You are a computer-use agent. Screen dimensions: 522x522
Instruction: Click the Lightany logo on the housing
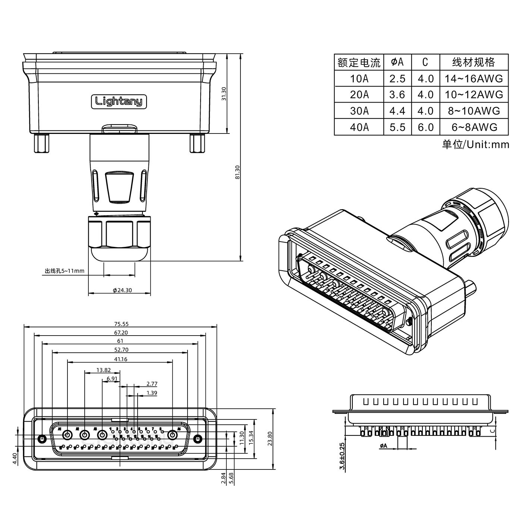119,101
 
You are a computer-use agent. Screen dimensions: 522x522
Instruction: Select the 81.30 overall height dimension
238,172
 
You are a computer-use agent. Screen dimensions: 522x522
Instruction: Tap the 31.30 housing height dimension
224,94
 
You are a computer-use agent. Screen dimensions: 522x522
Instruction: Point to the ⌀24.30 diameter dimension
122,290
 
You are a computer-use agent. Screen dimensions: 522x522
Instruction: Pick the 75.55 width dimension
121,324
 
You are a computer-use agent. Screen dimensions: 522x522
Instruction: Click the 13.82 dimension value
103,370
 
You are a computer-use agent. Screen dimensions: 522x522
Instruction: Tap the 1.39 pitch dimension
152,393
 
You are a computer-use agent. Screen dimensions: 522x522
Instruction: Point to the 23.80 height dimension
270,438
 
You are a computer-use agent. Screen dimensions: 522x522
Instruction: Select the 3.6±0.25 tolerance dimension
342,456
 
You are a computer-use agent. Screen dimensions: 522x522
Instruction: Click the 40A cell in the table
359,127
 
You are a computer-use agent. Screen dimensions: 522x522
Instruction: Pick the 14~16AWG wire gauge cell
474,79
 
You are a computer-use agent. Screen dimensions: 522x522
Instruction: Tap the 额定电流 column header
359,62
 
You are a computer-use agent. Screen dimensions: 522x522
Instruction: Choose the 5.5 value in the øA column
397,127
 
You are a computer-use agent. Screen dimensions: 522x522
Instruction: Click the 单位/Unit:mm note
475,144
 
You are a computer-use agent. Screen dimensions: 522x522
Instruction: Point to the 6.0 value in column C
425,127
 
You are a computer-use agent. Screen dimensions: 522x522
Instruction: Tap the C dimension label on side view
492,431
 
